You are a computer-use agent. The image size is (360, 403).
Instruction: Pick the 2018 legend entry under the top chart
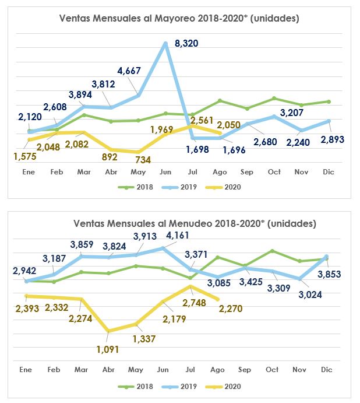(139, 187)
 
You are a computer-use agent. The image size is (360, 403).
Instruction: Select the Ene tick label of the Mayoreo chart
(28, 172)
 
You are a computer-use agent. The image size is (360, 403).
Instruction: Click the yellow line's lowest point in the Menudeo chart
(109, 331)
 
